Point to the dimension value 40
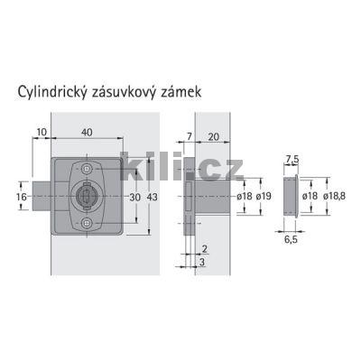[x=85, y=132]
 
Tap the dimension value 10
[x=42, y=132]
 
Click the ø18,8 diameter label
[x=335, y=196]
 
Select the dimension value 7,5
[x=290, y=160]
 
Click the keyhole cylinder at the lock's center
[x=87, y=195]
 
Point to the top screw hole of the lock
[x=86, y=169]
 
